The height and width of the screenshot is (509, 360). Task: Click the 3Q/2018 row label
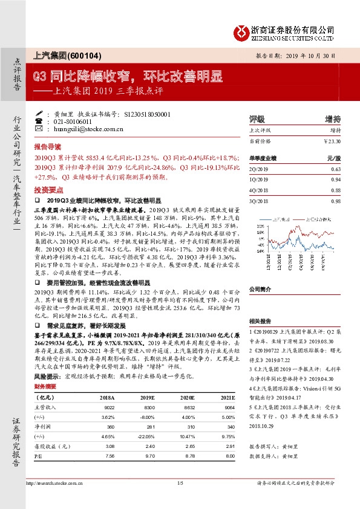point(258,201)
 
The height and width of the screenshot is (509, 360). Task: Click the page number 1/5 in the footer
point(180,499)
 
